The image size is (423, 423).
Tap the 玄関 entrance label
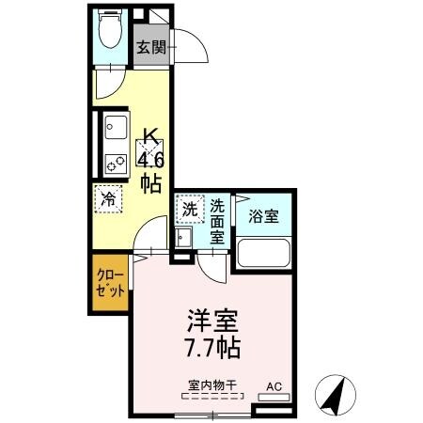[x=151, y=47]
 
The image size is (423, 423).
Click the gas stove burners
[x=117, y=164]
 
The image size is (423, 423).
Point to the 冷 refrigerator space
[x=108, y=199]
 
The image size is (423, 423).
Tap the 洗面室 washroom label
[x=217, y=222]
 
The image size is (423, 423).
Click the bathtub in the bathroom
[x=263, y=254]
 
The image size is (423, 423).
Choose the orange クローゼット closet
[x=109, y=283]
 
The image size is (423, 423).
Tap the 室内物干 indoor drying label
[x=210, y=384]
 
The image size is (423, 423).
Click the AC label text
[x=274, y=385]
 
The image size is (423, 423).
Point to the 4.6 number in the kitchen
[x=150, y=157]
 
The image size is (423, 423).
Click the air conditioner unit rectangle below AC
[x=274, y=398]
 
